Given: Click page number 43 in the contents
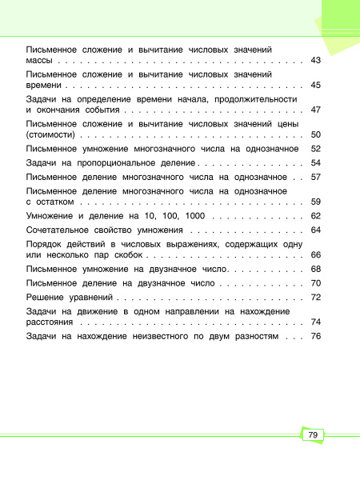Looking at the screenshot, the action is point(315,60).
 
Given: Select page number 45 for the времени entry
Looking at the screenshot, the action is point(315,84).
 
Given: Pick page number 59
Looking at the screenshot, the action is point(315,201).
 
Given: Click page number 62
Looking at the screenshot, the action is point(315,215).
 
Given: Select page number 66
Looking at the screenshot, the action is point(315,254).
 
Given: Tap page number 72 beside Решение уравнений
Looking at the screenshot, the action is point(315,297).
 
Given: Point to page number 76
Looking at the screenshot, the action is point(315,336).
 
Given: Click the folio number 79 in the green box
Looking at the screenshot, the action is point(313,434).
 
